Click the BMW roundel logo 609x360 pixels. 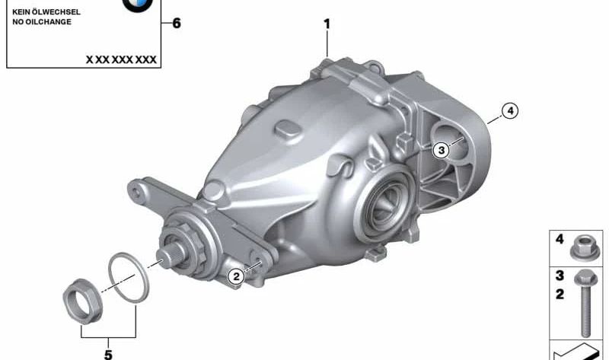(x=138, y=5)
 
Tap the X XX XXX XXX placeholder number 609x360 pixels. (x=121, y=59)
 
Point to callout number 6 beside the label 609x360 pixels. (x=177, y=24)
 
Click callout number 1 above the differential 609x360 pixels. (x=327, y=24)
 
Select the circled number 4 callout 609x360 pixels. (x=510, y=111)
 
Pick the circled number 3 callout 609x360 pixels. (x=442, y=150)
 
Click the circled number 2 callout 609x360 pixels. (x=236, y=276)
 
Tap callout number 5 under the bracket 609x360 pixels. (x=108, y=354)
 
